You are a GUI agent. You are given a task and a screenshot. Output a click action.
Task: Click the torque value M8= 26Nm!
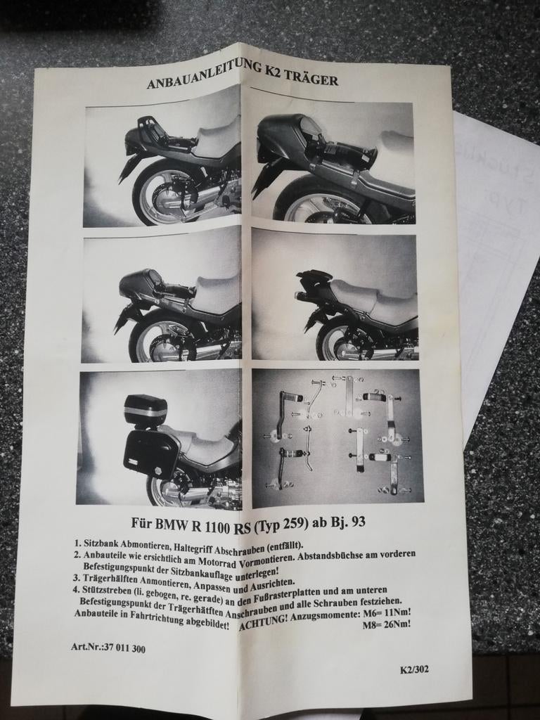tap(386, 623)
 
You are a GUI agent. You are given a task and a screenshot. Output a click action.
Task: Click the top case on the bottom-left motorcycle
tap(146, 411)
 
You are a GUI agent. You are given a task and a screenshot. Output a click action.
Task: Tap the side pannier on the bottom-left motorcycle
tap(152, 453)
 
